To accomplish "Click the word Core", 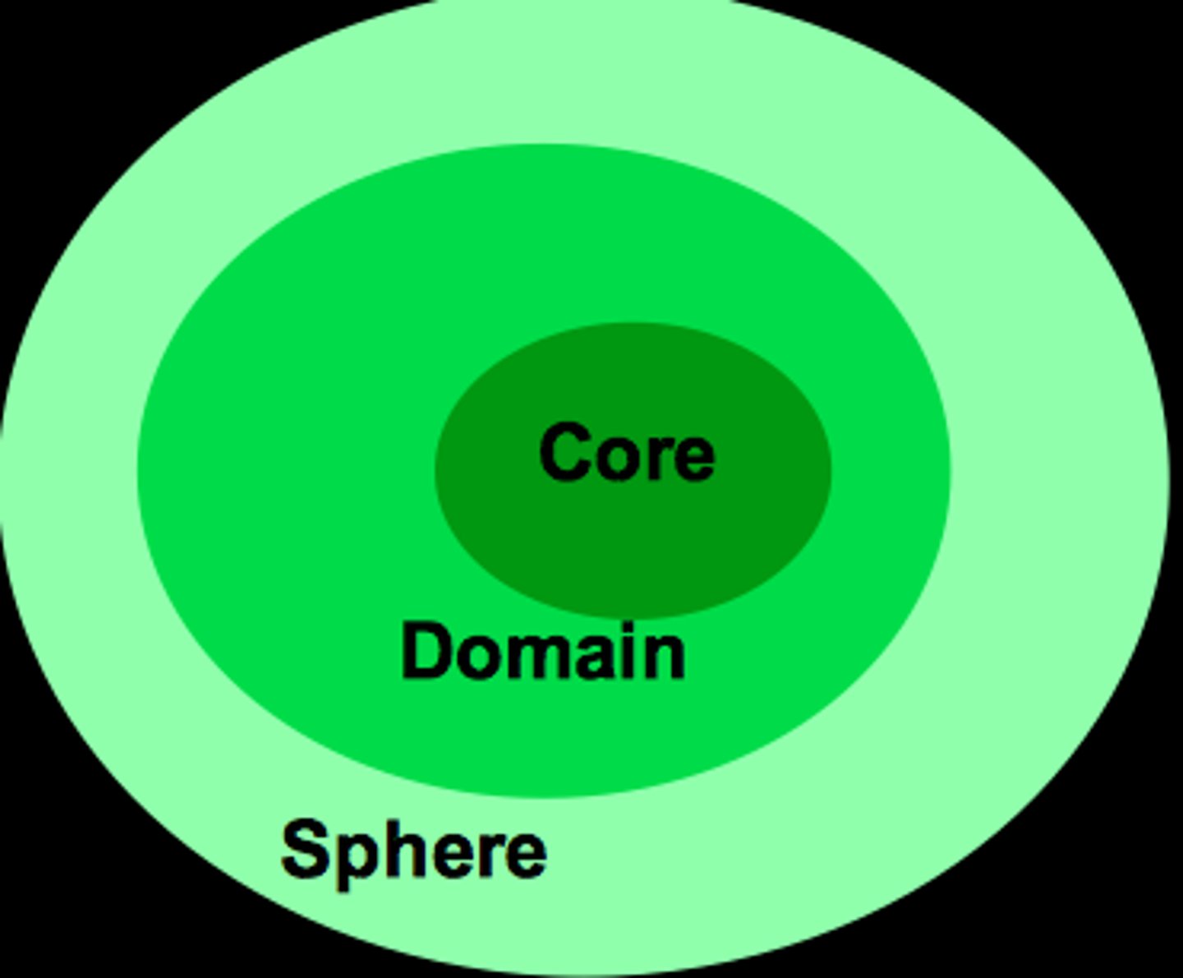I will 627,452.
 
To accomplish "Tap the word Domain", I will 543,652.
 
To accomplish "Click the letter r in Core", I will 662,458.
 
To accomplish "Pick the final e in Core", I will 694,458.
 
